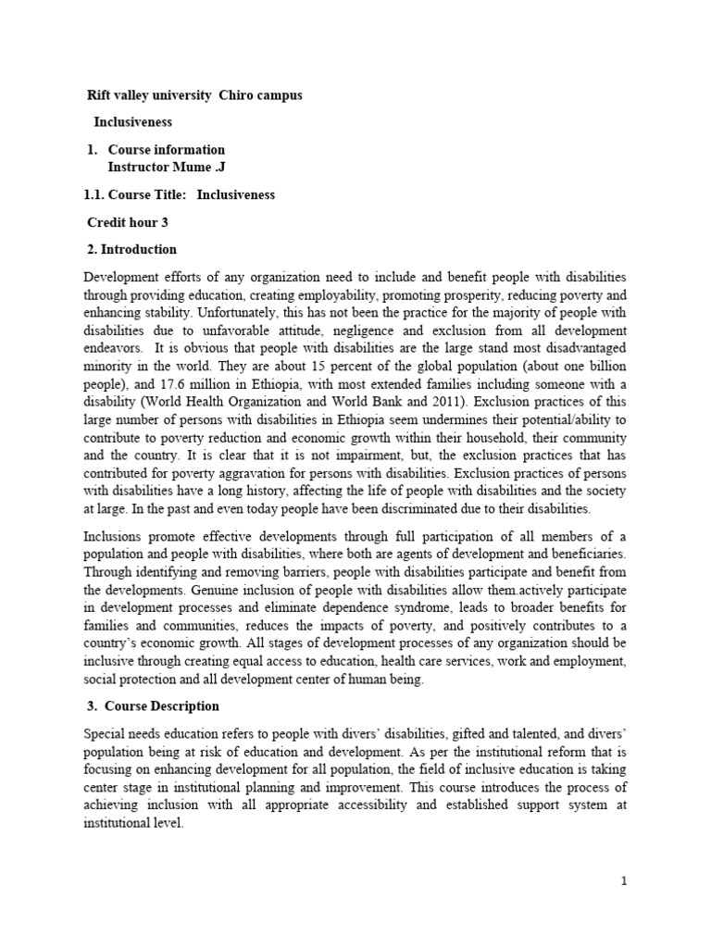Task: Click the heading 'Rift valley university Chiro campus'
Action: point(194,95)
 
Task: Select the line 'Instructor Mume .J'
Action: point(168,167)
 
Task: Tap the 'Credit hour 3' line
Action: point(128,222)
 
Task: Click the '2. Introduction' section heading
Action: point(131,249)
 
